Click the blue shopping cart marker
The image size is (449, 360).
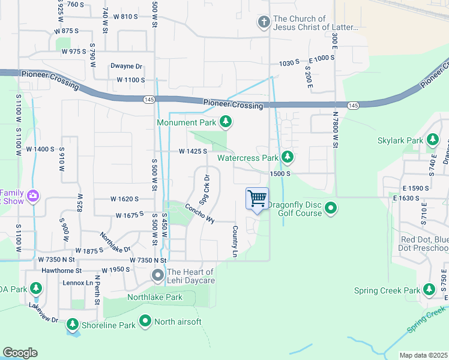pos(257,199)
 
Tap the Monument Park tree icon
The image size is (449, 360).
pos(226,122)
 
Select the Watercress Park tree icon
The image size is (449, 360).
pos(288,157)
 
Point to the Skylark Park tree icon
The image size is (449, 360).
pos(432,140)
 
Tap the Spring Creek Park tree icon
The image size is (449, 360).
pos(429,290)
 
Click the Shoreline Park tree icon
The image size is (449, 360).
pos(73,325)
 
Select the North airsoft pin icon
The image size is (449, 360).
pos(145,322)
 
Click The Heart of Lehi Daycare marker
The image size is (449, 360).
pos(158,276)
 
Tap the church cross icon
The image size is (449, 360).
pos(263,23)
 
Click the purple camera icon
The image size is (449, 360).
pos(33,196)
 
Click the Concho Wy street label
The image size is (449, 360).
pos(199,213)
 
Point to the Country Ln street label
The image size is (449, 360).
pos(235,241)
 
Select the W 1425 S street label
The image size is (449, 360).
pos(192,152)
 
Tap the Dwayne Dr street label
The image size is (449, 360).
pos(126,67)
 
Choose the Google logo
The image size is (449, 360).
pos(20,352)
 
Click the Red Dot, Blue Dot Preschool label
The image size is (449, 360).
pos(424,244)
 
